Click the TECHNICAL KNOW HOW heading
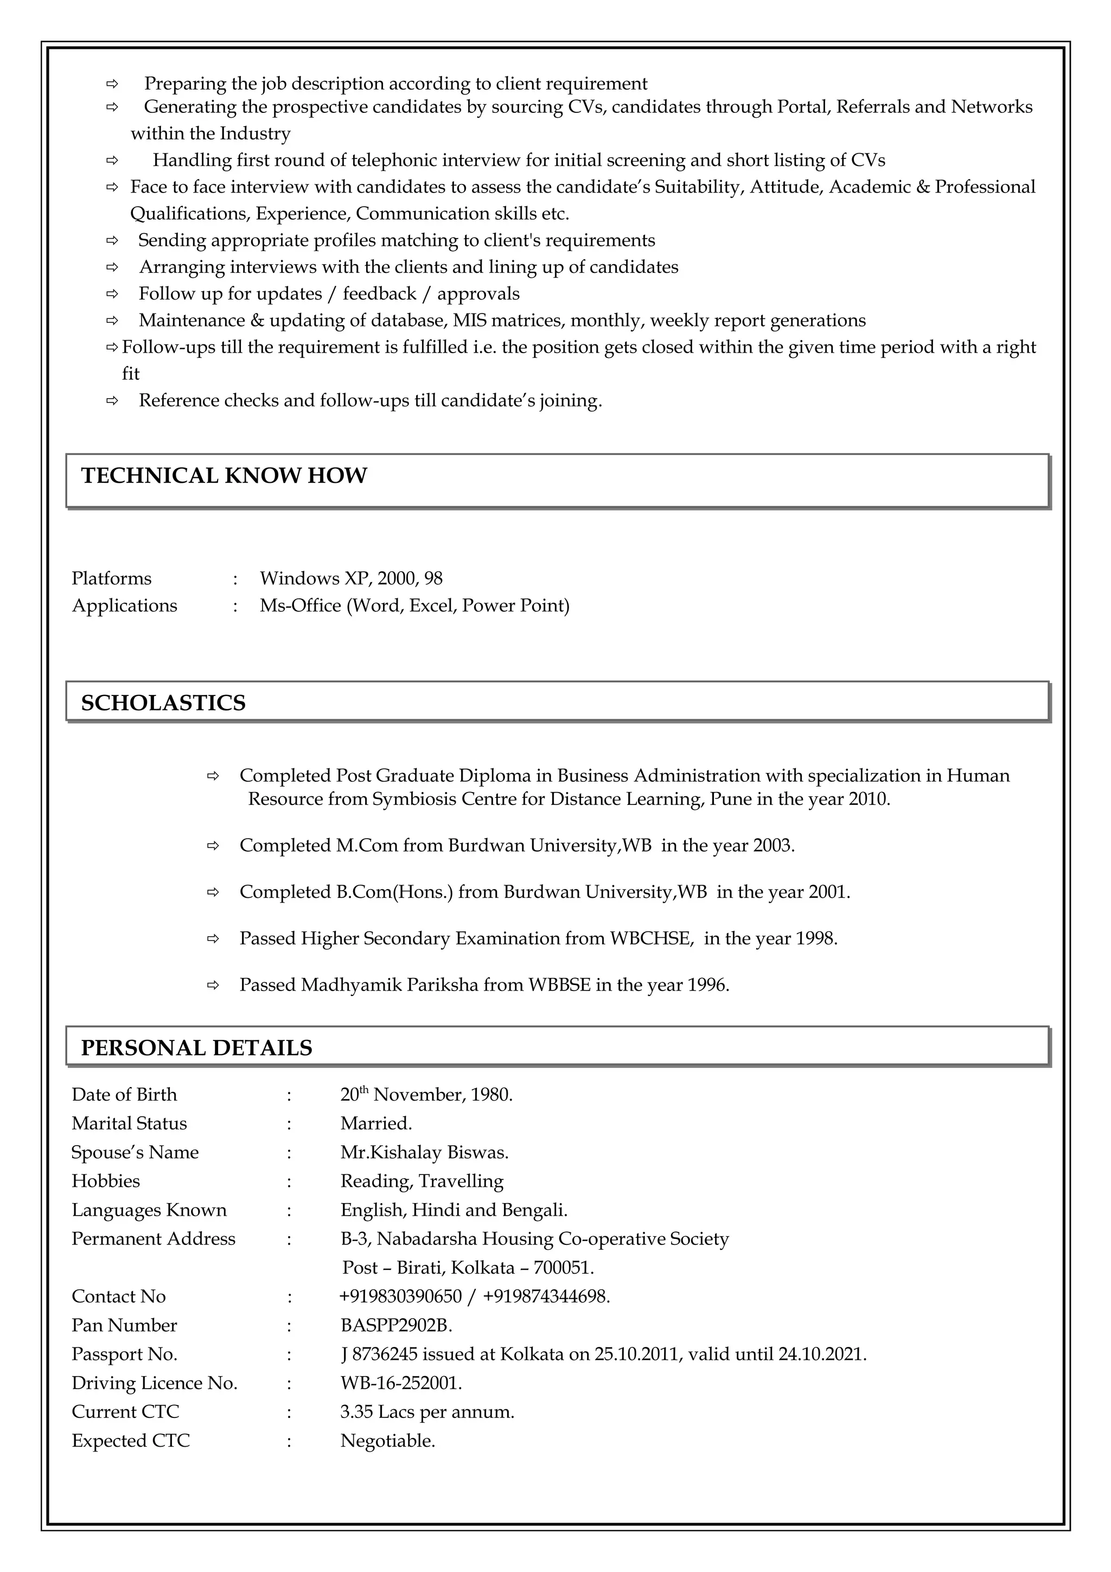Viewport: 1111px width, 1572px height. tap(224, 476)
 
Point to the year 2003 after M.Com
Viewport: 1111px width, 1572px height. tap(772, 846)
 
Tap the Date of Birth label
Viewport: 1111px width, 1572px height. tap(124, 1095)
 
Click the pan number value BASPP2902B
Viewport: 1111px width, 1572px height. tap(395, 1326)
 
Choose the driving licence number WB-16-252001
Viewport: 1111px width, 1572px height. tap(400, 1383)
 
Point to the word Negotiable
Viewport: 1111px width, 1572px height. tap(387, 1441)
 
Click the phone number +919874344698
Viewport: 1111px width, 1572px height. tap(545, 1297)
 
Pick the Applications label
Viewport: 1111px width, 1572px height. tap(125, 606)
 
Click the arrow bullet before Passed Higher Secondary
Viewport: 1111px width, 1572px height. tap(213, 940)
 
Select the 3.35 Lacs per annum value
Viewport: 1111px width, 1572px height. tap(426, 1412)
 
